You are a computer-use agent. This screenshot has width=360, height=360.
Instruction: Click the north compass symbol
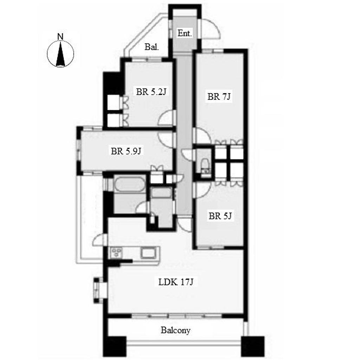click(x=60, y=54)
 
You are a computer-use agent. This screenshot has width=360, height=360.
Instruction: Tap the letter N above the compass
click(x=60, y=37)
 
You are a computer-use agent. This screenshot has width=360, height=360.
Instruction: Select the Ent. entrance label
click(x=184, y=33)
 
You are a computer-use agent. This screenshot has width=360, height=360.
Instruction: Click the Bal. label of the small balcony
click(x=152, y=47)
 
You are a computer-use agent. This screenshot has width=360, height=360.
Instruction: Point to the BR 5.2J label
click(x=151, y=92)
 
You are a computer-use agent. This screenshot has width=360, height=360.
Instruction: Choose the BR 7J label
click(x=219, y=97)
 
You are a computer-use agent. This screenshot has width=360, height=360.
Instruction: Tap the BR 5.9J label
click(x=126, y=151)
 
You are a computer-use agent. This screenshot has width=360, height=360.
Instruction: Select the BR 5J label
click(x=220, y=216)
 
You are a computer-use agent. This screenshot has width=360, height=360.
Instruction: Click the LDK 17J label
click(x=176, y=282)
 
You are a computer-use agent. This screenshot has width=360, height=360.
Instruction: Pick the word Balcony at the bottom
click(x=176, y=330)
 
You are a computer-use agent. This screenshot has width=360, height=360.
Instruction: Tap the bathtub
click(x=130, y=184)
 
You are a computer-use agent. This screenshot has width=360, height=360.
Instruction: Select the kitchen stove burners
click(x=117, y=252)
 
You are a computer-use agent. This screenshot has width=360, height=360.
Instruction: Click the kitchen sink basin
click(x=148, y=253)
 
